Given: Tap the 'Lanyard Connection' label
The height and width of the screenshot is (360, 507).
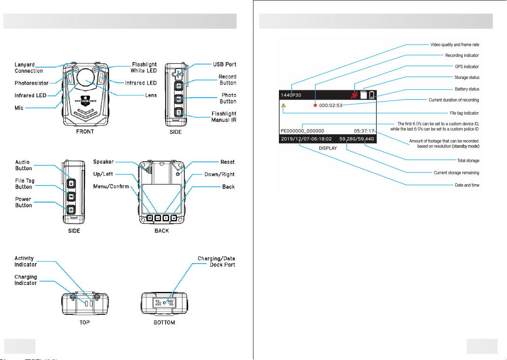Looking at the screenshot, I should point(29,68).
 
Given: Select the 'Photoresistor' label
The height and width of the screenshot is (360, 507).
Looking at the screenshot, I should point(32,83).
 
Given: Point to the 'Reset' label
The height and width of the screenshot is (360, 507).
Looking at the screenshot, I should point(227,162).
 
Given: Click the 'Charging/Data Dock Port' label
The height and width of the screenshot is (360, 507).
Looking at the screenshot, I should point(216,262).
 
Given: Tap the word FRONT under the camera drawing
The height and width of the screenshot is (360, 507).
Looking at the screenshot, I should point(85,132).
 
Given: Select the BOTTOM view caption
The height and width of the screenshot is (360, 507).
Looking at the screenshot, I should point(164,322).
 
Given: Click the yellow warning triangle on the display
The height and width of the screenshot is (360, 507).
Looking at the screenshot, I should point(283,106).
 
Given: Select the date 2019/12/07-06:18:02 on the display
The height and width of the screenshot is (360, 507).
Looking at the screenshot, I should point(307,139).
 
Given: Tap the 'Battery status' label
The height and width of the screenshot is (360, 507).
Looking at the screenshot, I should point(467,89).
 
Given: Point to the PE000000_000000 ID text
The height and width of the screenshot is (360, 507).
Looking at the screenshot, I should point(302,131).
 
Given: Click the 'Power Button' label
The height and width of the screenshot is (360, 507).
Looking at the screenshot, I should point(24,202).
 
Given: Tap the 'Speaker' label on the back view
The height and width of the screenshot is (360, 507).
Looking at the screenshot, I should point(103,162).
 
